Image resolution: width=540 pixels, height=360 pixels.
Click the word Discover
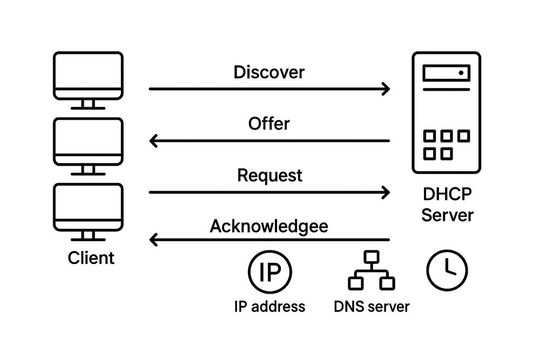(x=268, y=72)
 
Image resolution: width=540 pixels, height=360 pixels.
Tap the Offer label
(x=268, y=124)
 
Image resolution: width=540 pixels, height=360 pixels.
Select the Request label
(x=269, y=175)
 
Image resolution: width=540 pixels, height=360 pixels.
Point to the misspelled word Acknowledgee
(x=268, y=226)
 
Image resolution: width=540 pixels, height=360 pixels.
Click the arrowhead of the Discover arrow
(x=385, y=89)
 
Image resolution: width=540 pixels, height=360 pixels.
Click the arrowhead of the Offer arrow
(x=154, y=141)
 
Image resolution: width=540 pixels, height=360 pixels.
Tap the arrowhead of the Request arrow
(x=385, y=192)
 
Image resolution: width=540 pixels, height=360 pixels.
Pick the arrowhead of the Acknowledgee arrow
(x=154, y=241)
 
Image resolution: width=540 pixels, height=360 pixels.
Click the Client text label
(x=91, y=258)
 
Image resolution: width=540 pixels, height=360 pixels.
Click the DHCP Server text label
(x=447, y=205)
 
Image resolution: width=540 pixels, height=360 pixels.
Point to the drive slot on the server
(x=446, y=73)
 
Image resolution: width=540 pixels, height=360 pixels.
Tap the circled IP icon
(x=269, y=271)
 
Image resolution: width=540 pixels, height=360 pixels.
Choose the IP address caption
(x=269, y=306)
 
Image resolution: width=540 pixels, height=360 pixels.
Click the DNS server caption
(x=371, y=306)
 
